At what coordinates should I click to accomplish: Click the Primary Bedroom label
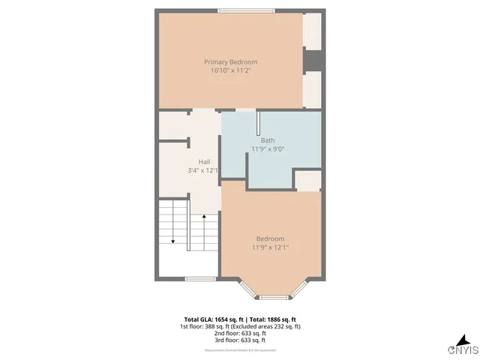click(x=231, y=61)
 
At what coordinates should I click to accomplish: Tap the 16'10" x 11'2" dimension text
click(x=231, y=70)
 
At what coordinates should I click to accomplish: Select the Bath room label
click(x=268, y=140)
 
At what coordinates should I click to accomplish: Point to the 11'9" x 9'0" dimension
click(x=268, y=148)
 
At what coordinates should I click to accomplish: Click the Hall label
click(x=204, y=162)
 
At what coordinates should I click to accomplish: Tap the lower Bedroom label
click(x=270, y=238)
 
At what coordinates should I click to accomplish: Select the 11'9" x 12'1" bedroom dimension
click(x=270, y=247)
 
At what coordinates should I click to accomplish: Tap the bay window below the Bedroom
click(x=274, y=297)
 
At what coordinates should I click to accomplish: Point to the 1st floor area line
click(x=240, y=326)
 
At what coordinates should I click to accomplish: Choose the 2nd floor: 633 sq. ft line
click(x=240, y=334)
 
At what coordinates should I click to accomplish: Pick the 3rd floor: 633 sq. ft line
click(x=240, y=341)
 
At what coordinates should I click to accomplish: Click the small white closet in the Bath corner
click(x=307, y=180)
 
